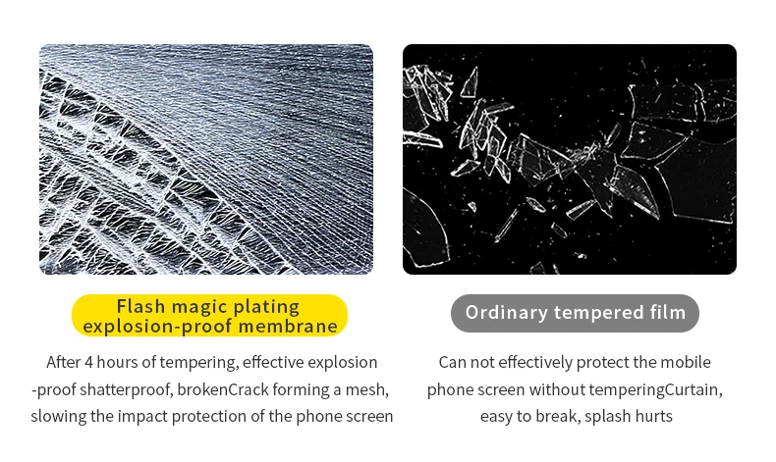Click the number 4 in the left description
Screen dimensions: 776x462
click(88, 362)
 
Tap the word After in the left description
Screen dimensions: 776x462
click(63, 362)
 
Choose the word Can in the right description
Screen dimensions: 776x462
click(452, 362)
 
